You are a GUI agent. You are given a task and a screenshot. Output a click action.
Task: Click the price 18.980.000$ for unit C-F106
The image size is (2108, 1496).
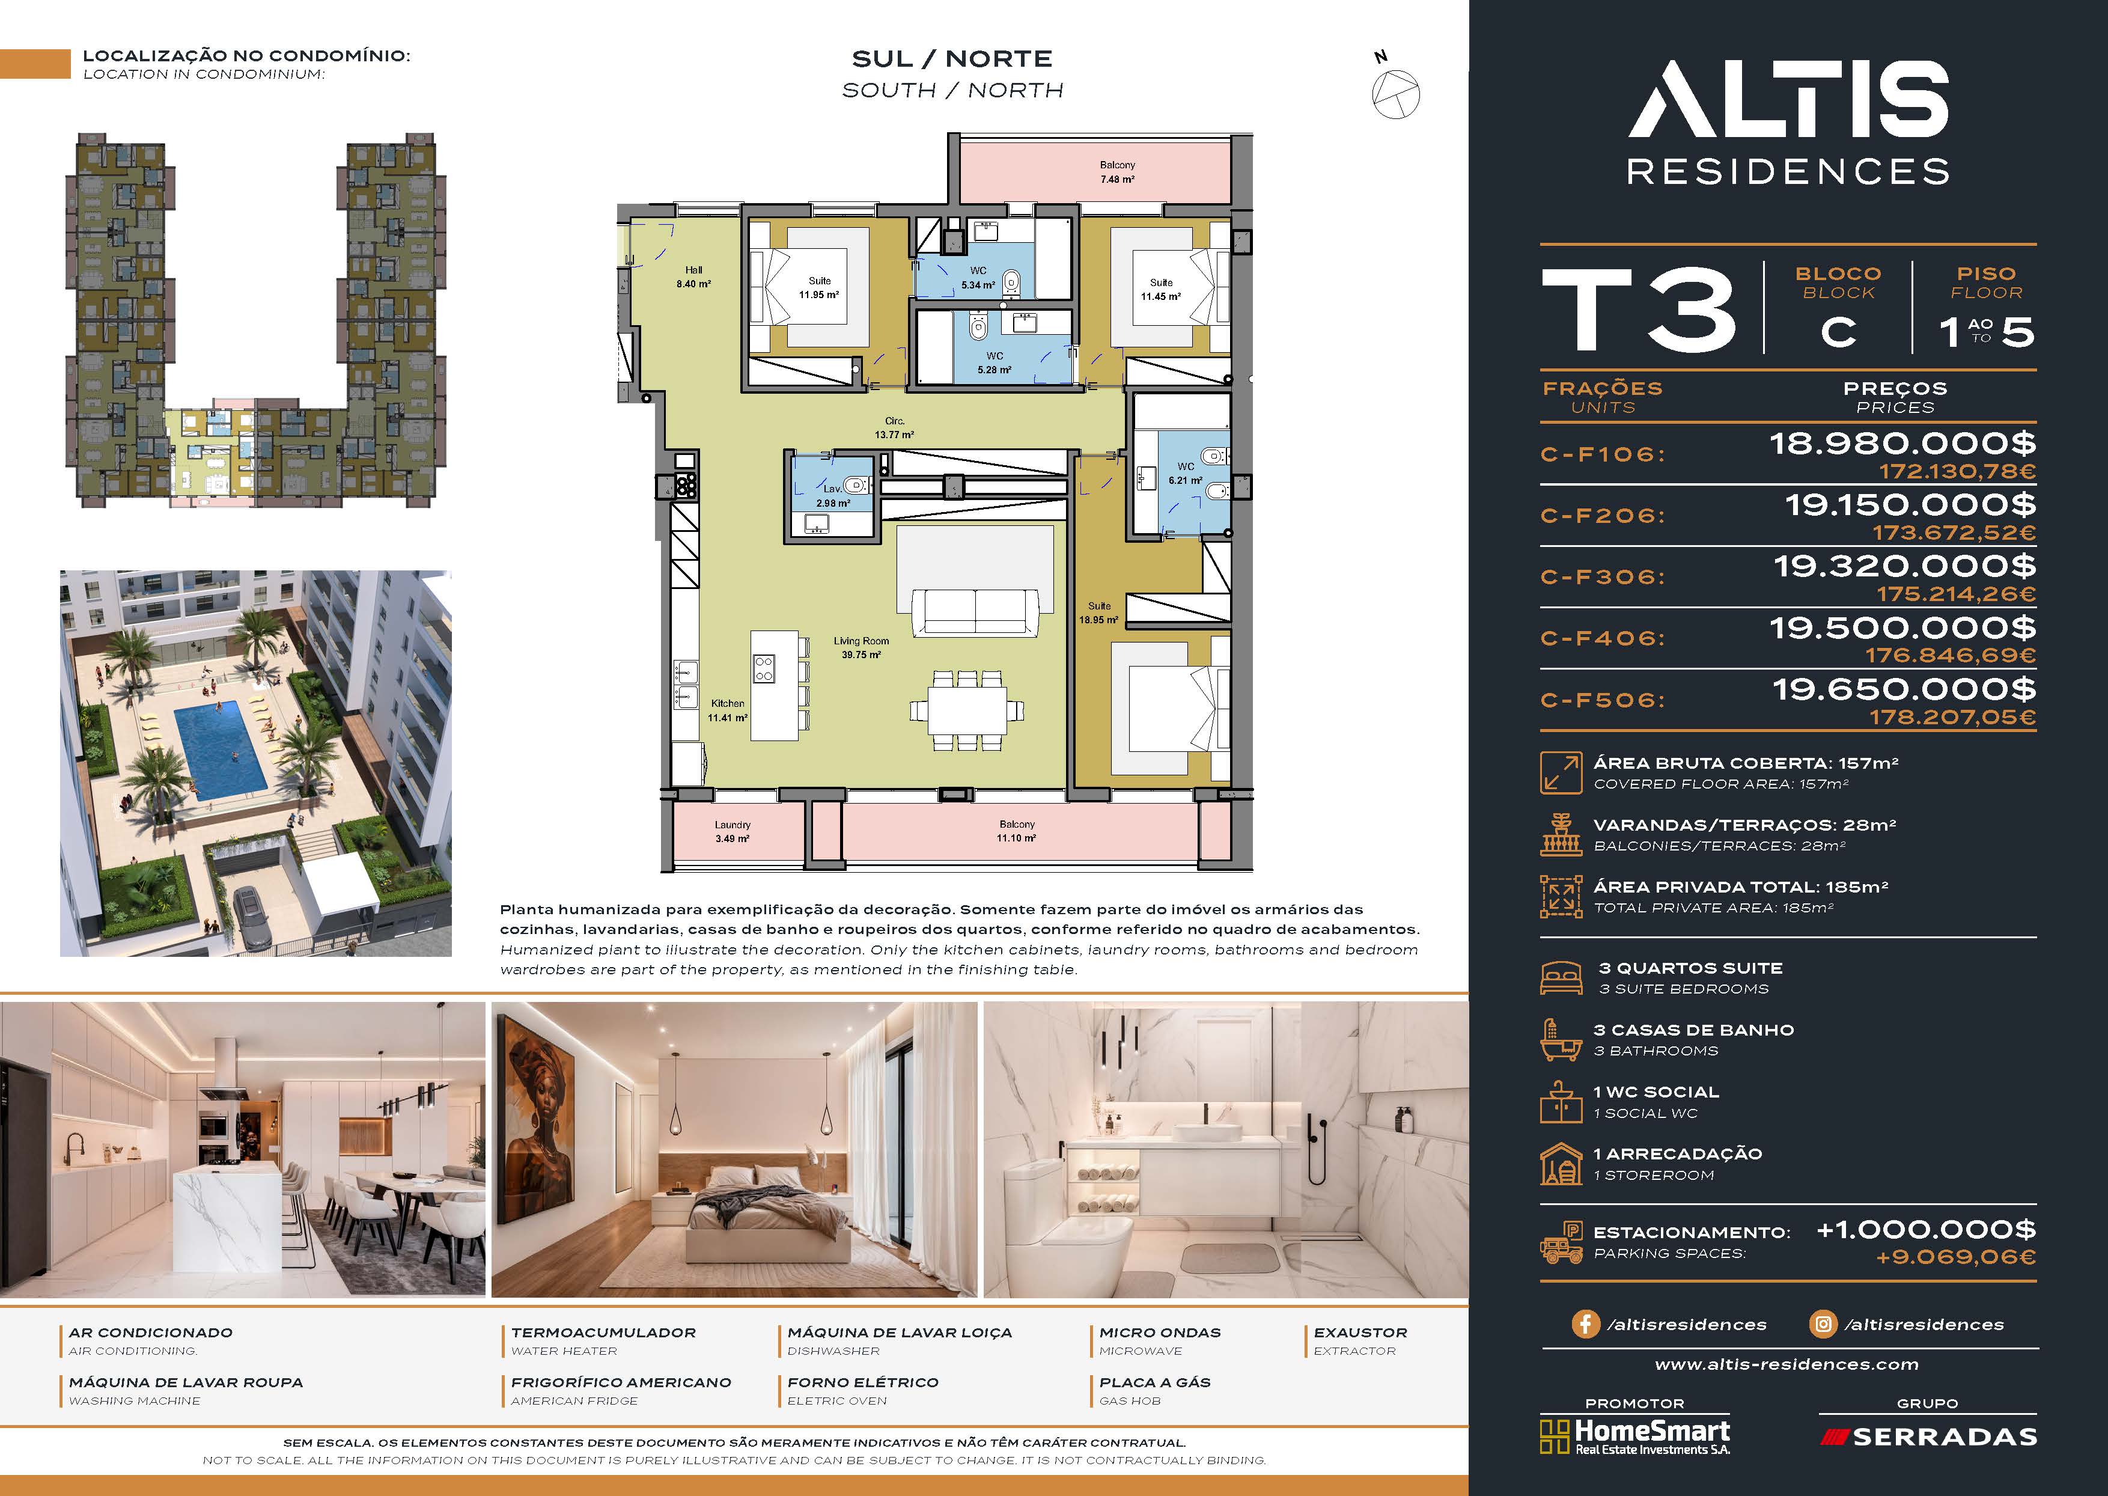tap(1902, 444)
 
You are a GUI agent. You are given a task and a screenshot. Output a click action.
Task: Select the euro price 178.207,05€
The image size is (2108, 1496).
tap(1952, 716)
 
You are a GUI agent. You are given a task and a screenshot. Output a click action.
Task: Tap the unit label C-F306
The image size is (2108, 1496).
tap(1603, 576)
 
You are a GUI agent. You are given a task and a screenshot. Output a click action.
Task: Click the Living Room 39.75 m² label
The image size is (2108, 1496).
tap(861, 647)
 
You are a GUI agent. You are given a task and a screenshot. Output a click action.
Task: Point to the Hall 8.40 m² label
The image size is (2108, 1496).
tap(693, 277)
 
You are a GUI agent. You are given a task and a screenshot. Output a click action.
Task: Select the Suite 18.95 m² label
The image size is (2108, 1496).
tap(1098, 612)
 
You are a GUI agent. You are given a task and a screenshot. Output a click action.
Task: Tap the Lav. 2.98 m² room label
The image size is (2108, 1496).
tap(832, 496)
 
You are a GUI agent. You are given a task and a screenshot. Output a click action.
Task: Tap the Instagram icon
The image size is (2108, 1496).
tap(1823, 1324)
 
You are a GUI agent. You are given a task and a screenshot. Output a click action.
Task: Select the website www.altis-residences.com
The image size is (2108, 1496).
tap(1787, 1364)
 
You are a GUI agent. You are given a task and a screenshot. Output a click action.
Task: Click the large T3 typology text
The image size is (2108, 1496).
tap(1639, 310)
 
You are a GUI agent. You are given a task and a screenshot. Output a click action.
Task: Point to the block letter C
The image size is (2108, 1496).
tap(1838, 332)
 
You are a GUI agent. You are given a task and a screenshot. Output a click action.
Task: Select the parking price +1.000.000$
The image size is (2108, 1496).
tap(1926, 1230)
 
